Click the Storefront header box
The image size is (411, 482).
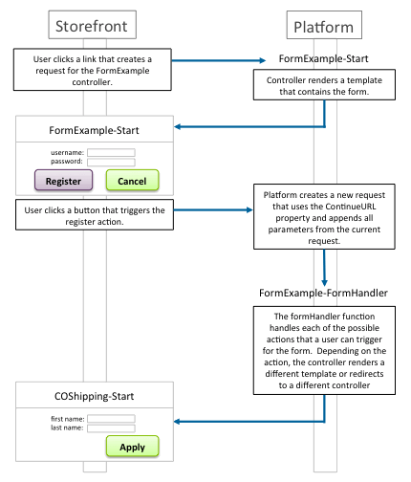pyautogui.click(x=93, y=25)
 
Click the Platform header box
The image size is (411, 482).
pyautogui.click(x=324, y=25)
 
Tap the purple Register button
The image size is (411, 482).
pyautogui.click(x=63, y=180)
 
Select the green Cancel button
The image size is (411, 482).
pyautogui.click(x=132, y=180)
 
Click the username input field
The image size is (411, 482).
pyautogui.click(x=111, y=152)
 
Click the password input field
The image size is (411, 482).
pyautogui.click(x=111, y=162)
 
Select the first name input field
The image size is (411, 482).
pyautogui.click(x=111, y=419)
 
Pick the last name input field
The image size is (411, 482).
pyautogui.click(x=111, y=428)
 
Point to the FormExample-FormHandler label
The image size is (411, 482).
pyautogui.click(x=323, y=293)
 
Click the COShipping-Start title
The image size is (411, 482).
pyautogui.click(x=95, y=396)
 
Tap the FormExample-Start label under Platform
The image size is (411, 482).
pyautogui.click(x=323, y=58)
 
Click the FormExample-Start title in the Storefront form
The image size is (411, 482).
pyautogui.click(x=94, y=130)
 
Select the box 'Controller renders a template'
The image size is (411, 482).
pyautogui.click(x=324, y=85)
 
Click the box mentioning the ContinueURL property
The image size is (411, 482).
pyautogui.click(x=324, y=216)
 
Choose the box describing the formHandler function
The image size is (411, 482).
pyautogui.click(x=324, y=351)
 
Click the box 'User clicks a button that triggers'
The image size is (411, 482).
pyautogui.click(x=95, y=214)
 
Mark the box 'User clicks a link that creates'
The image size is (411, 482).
pyautogui.click(x=93, y=70)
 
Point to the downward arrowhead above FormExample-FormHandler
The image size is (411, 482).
pyautogui.click(x=324, y=283)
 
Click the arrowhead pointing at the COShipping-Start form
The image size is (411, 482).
pyautogui.click(x=178, y=422)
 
